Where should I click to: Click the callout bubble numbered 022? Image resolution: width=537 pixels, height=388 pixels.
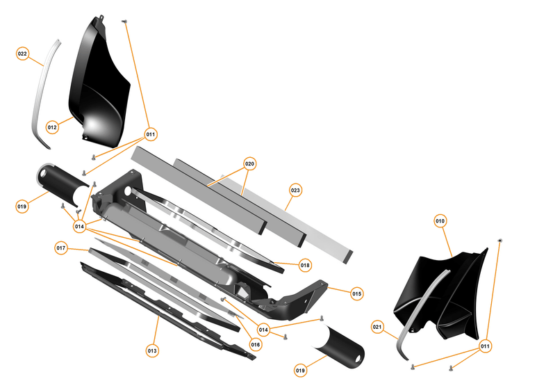(x=23, y=54)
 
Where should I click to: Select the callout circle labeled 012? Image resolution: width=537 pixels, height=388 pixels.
(x=52, y=127)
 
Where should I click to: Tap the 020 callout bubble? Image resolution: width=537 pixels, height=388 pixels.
(x=250, y=165)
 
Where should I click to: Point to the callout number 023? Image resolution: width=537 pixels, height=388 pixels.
(x=295, y=190)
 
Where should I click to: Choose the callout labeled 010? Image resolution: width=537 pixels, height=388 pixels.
(x=440, y=221)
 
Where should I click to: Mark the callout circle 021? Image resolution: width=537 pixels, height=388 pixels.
(x=377, y=326)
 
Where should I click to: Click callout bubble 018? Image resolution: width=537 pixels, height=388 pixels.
(x=305, y=265)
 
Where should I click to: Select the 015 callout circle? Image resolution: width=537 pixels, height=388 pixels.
(x=357, y=293)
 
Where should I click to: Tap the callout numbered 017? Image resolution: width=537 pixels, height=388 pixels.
(x=61, y=248)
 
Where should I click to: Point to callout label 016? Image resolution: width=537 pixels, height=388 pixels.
(x=255, y=344)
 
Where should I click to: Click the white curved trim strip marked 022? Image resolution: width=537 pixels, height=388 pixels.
(x=41, y=97)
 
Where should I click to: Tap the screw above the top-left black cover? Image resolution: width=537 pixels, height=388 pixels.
(x=124, y=22)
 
